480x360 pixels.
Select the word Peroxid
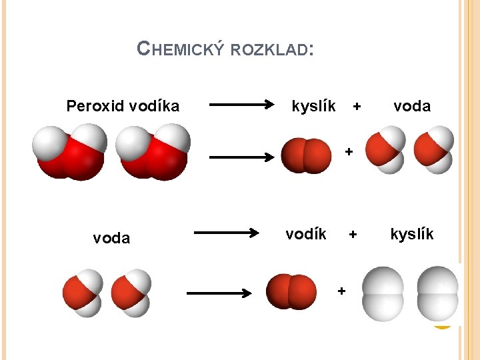pos(93,106)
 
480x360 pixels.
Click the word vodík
pos(306,234)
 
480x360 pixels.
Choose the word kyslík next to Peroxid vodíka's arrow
pos(314,106)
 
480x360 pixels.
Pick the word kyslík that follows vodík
pos(412,234)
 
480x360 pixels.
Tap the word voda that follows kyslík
pos(412,106)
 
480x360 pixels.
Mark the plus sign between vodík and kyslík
pos(353,235)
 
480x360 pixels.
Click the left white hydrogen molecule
pos(383,294)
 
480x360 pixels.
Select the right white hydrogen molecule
pos(437,294)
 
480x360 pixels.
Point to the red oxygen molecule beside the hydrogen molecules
pos(291,292)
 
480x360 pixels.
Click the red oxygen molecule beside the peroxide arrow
pos(306,155)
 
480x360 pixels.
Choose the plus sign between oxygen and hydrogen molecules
pos(341,291)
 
